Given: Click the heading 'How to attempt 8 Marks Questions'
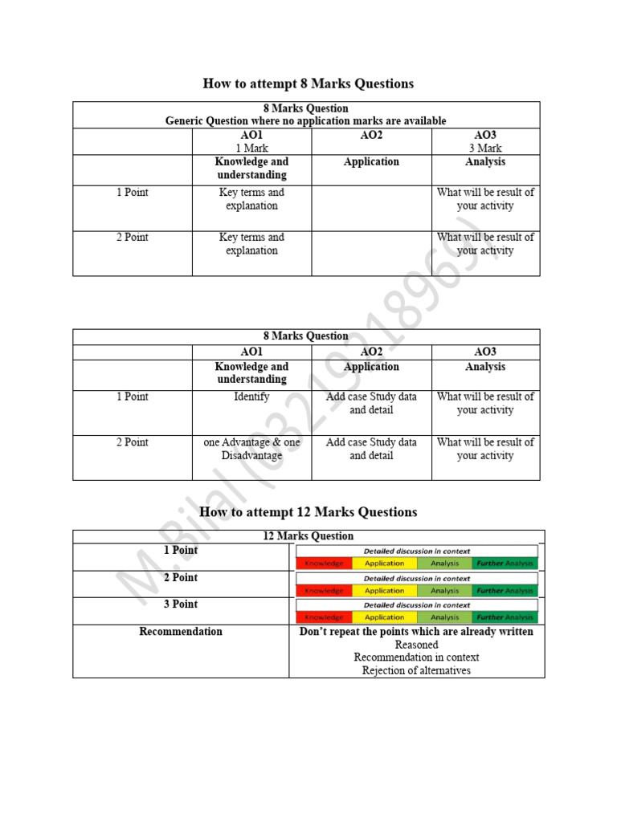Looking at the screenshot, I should tap(308, 83).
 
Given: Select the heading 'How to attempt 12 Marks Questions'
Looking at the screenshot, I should tap(308, 512).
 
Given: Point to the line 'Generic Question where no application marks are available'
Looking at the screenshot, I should tap(305, 121).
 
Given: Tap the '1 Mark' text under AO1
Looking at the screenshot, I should tap(251, 149).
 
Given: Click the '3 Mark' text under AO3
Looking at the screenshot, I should tap(485, 149).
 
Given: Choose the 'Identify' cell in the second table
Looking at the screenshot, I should tap(251, 397).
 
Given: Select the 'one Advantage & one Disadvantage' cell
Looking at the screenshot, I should tap(251, 449).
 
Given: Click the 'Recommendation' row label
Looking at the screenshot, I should tap(181, 632).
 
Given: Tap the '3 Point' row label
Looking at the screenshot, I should tap(181, 604).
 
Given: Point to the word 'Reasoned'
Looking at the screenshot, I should tap(416, 645).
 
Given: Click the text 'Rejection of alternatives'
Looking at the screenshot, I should tap(416, 670).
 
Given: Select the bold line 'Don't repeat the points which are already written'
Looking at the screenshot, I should tap(416, 632).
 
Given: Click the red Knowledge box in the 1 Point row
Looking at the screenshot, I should tap(324, 564).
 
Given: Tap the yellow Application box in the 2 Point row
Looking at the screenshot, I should tap(384, 591).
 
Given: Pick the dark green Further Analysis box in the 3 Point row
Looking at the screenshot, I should tap(505, 617).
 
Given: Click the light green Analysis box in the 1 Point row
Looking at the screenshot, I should tap(444, 564).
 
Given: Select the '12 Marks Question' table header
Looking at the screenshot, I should tap(308, 536).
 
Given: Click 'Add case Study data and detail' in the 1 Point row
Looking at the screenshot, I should tap(371, 403).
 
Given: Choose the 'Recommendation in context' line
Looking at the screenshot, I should tap(416, 657).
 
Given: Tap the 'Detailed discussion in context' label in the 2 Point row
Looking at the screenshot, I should tap(416, 578).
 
